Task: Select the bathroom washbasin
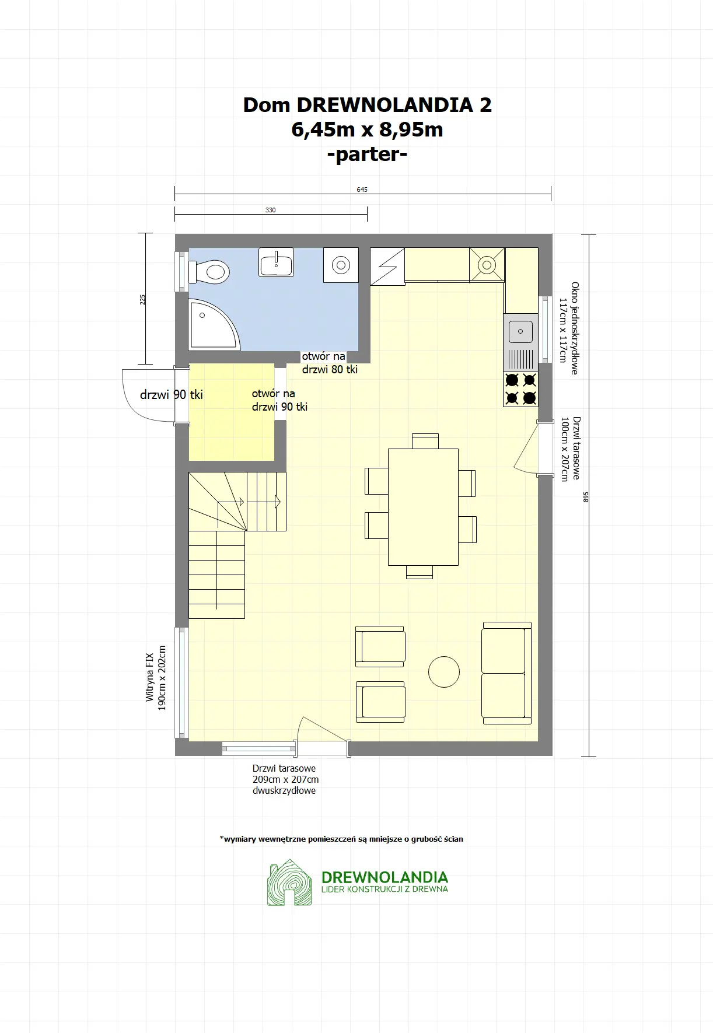pos(276,262)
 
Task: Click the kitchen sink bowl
pos(520,331)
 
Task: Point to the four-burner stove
pos(520,389)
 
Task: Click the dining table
pos(423,507)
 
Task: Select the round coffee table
pos(444,671)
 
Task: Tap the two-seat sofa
pos(506,673)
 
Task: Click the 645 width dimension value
pos(362,190)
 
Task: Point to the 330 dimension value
pos(270,210)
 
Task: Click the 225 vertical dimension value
pos(143,299)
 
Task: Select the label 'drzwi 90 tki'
pos(172,395)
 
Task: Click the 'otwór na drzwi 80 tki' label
pos(330,363)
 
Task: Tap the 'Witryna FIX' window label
pos(150,677)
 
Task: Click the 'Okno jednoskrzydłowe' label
pos(575,328)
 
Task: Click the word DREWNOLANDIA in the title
pos(385,105)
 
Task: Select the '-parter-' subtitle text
pos(368,155)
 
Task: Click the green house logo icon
pos(289,882)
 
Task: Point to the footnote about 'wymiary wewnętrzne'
pos(341,839)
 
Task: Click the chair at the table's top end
pos(425,441)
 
